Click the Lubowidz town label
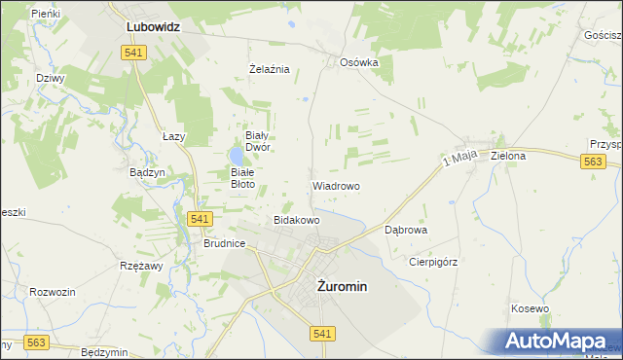pyautogui.click(x=153, y=28)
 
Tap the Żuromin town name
pyautogui.click(x=342, y=286)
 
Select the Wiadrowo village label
pyautogui.click(x=336, y=185)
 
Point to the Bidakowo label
pyautogui.click(x=297, y=220)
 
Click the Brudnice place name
pyautogui.click(x=224, y=244)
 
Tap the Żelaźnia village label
pyautogui.click(x=270, y=69)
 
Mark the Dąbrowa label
pyautogui.click(x=407, y=231)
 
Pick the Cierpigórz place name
pyautogui.click(x=433, y=262)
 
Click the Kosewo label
pyautogui.click(x=531, y=308)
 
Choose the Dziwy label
pyautogui.click(x=49, y=78)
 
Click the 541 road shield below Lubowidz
pyautogui.click(x=135, y=53)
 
